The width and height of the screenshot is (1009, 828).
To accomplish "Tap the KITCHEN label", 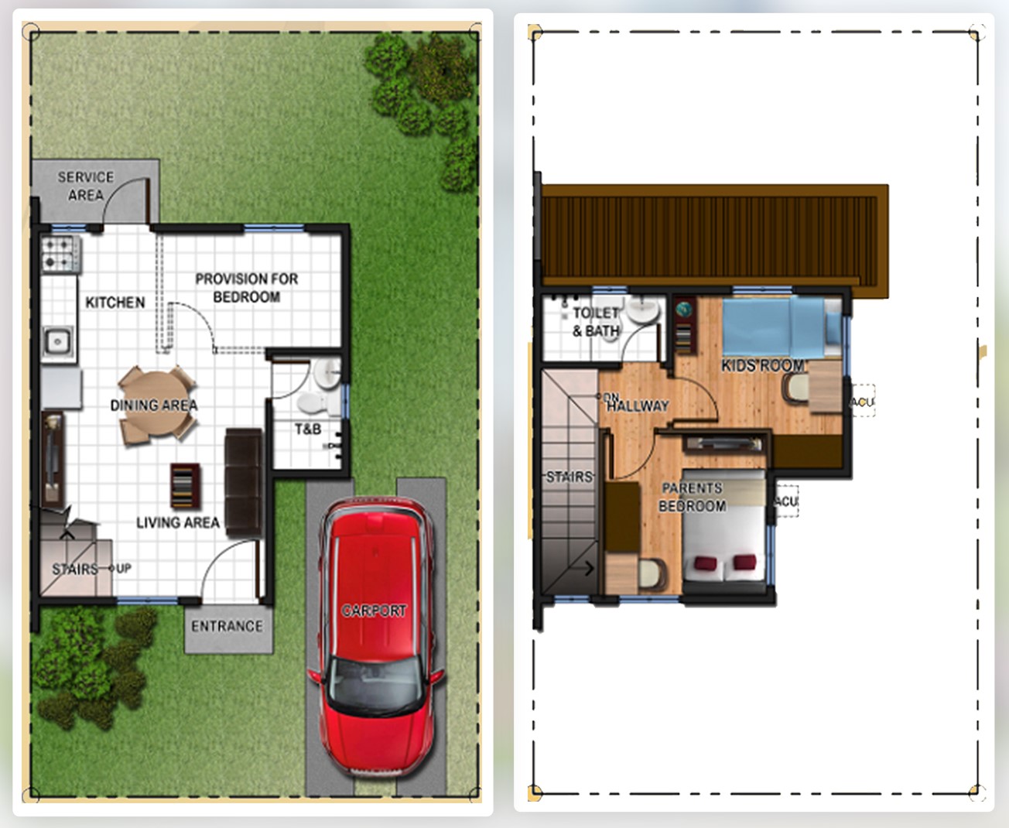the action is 115,303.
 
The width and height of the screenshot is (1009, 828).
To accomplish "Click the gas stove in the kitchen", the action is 60,255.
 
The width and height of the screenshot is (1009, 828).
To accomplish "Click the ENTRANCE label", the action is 227,626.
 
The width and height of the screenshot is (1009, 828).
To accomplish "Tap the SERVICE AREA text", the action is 86,186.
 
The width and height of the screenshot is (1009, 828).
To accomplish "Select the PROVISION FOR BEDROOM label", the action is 246,288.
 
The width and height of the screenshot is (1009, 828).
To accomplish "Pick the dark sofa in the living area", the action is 244,482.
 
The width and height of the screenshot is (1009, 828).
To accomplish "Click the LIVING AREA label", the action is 177,522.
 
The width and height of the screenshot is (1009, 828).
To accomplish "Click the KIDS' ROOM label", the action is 763,366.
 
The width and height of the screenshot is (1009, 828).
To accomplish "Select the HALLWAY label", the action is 638,406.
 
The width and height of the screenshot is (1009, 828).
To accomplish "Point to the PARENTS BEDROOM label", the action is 693,497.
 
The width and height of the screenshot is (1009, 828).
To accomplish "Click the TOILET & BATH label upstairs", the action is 596,322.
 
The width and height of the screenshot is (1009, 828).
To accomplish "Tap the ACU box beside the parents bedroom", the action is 786,501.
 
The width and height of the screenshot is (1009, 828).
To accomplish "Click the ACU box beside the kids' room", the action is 863,401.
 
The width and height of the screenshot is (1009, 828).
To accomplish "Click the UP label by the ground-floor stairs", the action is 124,568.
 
